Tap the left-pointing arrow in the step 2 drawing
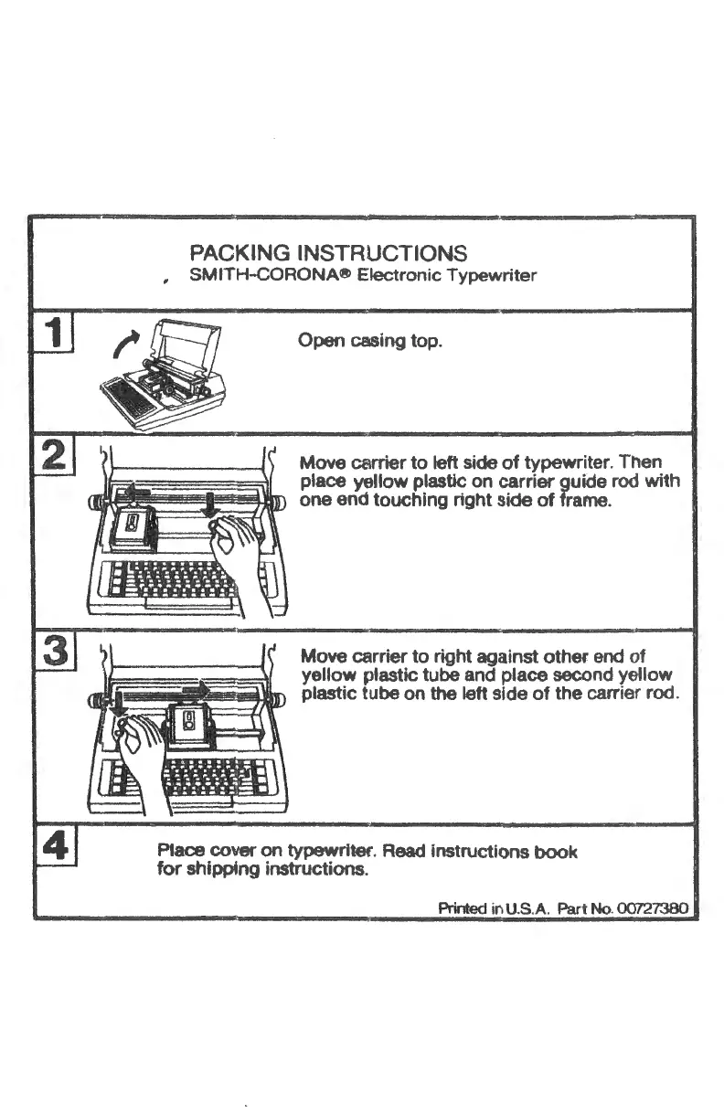point(136,491)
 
